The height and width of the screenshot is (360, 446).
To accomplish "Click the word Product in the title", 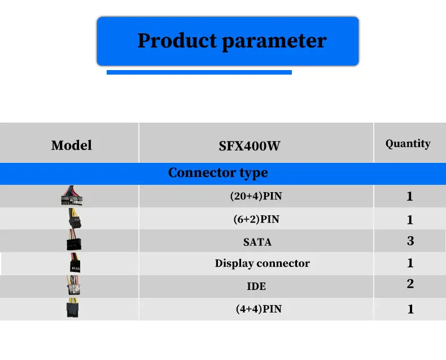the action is (x=177, y=40).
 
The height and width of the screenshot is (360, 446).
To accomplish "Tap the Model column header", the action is (x=71, y=145).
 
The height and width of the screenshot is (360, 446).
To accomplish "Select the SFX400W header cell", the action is (x=250, y=146).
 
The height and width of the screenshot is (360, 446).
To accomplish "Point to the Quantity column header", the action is (x=408, y=144).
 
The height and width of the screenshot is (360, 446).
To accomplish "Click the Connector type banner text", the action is (x=218, y=173).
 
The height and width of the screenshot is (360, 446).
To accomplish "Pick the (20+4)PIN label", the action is (x=256, y=196).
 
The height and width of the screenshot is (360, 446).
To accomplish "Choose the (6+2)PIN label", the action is (x=256, y=219).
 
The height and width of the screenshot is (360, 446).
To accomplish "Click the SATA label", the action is (x=257, y=242).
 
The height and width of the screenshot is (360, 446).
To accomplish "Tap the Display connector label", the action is (x=263, y=263).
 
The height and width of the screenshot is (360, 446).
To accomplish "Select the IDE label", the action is (x=256, y=286).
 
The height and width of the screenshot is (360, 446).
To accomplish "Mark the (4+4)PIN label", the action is (x=259, y=309).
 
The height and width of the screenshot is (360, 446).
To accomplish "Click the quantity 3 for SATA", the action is (x=410, y=241).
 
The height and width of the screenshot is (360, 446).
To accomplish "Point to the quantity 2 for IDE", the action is (x=410, y=284).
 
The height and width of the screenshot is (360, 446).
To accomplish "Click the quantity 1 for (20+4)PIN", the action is (x=410, y=196).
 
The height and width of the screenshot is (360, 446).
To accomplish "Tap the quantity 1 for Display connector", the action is (x=410, y=263).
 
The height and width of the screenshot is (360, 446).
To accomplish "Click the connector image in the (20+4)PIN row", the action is (x=72, y=196).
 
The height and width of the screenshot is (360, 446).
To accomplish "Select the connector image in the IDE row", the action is (x=73, y=285).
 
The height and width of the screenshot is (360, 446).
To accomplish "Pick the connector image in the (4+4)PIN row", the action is (x=72, y=307).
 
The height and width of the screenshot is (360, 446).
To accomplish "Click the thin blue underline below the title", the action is (x=199, y=72).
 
